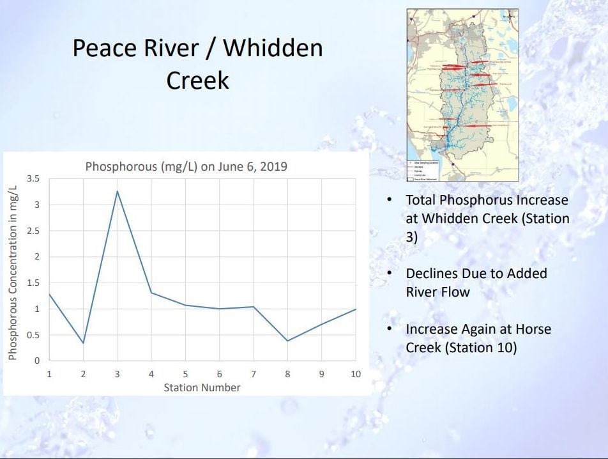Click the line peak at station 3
click(117, 191)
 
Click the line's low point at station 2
click(83, 343)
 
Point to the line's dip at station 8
click(287, 341)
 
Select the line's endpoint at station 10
click(355, 309)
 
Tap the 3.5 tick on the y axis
click(33, 179)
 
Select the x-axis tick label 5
click(185, 374)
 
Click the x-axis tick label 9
click(321, 374)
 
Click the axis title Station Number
click(202, 387)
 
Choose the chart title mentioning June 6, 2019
click(186, 167)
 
